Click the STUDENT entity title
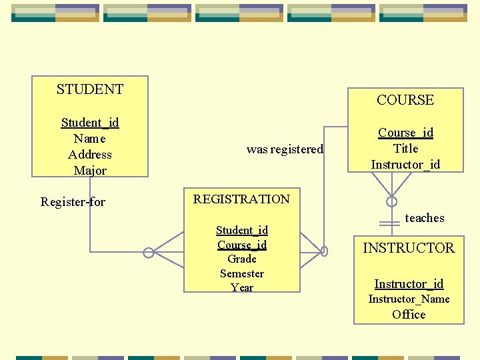(x=90, y=89)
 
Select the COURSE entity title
(x=405, y=100)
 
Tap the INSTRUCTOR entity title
(x=408, y=248)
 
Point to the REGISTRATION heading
(x=241, y=199)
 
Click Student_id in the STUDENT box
(x=90, y=122)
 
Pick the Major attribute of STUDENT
(x=90, y=171)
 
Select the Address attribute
(x=90, y=155)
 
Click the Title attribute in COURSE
(x=405, y=149)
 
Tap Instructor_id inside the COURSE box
(x=405, y=165)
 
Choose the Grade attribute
(x=242, y=259)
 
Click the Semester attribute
(x=242, y=273)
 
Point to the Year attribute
(x=242, y=288)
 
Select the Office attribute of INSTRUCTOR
(x=409, y=315)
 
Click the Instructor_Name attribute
(x=409, y=299)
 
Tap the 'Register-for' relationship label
(x=73, y=201)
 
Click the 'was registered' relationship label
(x=285, y=149)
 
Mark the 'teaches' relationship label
(x=425, y=218)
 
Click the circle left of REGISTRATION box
(x=149, y=253)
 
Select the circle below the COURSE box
(x=392, y=201)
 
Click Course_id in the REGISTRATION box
(x=242, y=245)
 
